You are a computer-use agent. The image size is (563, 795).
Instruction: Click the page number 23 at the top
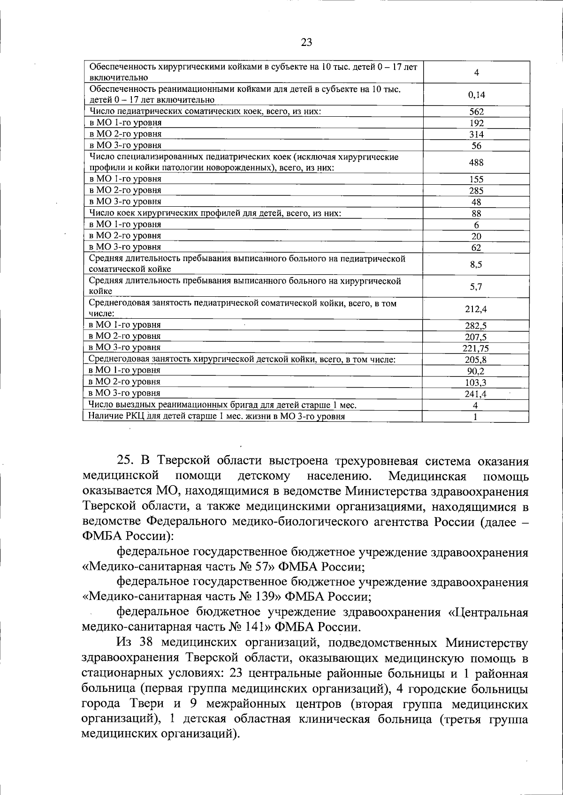pos(306,43)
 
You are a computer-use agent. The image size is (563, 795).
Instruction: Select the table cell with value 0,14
pos(476,95)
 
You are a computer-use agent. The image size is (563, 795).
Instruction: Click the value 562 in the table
pos(476,112)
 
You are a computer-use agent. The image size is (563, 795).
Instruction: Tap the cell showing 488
pos(476,163)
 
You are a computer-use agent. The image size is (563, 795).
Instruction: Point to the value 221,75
pos(476,348)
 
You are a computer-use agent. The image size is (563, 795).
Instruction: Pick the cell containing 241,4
pos(476,394)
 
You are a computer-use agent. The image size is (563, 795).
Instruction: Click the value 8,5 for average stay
pos(476,264)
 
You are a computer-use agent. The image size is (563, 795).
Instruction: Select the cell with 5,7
pos(476,287)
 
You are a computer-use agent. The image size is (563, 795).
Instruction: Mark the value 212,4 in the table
pos(476,309)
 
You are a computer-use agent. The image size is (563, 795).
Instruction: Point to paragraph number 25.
pos(125,462)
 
